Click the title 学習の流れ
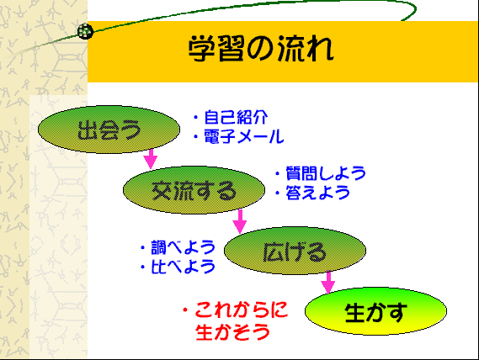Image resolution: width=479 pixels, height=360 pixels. pyautogui.click(x=261, y=49)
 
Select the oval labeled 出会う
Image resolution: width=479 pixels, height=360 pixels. pyautogui.click(x=109, y=130)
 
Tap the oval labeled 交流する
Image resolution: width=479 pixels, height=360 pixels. pyautogui.click(x=194, y=190)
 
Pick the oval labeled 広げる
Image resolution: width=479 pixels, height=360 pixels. pyautogui.click(x=295, y=251)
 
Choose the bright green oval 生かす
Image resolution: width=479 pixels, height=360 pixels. pyautogui.click(x=375, y=311)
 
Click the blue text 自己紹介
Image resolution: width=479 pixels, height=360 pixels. pyautogui.click(x=236, y=118)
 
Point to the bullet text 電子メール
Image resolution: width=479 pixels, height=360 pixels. pyautogui.click(x=244, y=136)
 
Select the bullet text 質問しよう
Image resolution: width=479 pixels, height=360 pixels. pyautogui.click(x=326, y=173)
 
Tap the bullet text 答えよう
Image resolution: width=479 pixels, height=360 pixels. pyautogui.click(x=317, y=193)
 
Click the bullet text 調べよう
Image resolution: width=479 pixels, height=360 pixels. pyautogui.click(x=184, y=247)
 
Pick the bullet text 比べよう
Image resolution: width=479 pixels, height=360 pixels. pyautogui.click(x=184, y=267)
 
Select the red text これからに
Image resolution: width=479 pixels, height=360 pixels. pyautogui.click(x=242, y=310)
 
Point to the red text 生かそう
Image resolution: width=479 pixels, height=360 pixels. pyautogui.click(x=233, y=332)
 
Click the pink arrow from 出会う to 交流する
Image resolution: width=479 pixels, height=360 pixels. pyautogui.click(x=151, y=158)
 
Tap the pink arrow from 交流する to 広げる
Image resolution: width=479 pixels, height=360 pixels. pyautogui.click(x=240, y=221)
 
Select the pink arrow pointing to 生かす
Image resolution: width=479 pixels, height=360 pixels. pyautogui.click(x=328, y=282)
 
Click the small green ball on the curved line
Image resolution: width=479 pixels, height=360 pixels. pyautogui.click(x=85, y=31)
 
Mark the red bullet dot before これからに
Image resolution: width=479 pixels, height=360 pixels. pyautogui.click(x=185, y=310)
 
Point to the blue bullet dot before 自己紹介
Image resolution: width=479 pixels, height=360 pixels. pyautogui.click(x=196, y=118)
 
